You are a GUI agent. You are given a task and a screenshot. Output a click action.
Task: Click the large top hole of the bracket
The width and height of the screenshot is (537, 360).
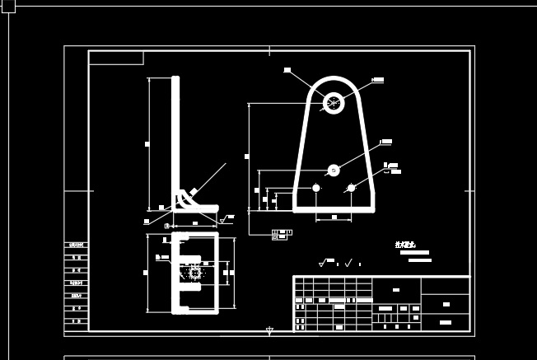[334, 103]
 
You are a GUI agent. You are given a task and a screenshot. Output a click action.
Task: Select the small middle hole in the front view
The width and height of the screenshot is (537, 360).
[334, 171]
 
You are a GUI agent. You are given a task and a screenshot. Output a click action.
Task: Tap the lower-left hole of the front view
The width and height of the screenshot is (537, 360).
[316, 188]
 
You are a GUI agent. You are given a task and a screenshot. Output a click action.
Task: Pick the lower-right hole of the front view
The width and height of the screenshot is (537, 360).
[352, 188]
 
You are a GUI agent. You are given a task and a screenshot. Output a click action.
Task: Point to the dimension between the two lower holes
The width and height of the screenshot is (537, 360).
[334, 217]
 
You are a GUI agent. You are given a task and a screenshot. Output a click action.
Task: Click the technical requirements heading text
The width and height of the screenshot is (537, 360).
[405, 245]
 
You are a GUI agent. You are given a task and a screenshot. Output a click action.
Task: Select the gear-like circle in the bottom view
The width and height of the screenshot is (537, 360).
[195, 272]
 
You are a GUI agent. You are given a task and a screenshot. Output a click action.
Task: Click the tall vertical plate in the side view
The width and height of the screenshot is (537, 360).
[175, 140]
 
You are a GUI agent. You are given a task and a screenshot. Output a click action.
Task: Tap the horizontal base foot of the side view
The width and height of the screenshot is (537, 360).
[198, 208]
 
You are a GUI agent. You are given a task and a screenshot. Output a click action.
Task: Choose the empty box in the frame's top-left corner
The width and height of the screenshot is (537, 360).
[116, 58]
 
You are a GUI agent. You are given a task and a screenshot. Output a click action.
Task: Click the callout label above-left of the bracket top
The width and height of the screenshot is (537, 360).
[287, 70]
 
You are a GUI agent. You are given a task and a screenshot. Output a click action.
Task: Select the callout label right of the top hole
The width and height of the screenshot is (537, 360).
[378, 80]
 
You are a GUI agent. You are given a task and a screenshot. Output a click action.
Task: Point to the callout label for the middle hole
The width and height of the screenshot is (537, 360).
[386, 142]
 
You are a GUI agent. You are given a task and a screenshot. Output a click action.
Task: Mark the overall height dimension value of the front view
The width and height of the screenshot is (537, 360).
[247, 156]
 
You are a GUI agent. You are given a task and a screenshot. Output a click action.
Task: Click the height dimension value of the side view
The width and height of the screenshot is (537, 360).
[147, 144]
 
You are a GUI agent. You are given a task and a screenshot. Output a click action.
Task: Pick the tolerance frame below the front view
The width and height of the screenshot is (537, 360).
[280, 235]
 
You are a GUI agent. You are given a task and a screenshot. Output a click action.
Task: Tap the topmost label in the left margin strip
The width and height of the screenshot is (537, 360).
[77, 245]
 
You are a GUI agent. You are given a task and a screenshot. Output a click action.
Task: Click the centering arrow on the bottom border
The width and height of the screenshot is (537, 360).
[269, 331]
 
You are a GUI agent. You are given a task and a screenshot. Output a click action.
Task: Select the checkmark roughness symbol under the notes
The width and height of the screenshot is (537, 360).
[348, 263]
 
